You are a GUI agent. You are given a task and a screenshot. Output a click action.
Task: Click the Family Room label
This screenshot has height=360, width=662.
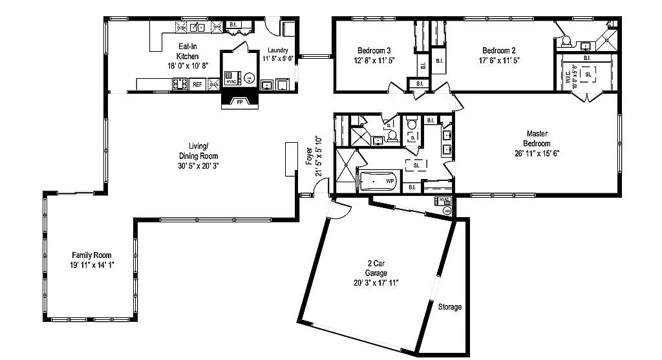[91, 255]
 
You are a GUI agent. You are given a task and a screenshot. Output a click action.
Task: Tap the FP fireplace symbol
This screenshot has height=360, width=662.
[239, 102]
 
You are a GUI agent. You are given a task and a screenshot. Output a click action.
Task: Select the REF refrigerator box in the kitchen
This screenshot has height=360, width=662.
[197, 84]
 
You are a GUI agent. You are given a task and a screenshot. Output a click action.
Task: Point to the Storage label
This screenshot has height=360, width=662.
[450, 306]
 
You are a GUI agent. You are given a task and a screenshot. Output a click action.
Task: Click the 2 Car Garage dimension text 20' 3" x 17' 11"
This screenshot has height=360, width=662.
[376, 282]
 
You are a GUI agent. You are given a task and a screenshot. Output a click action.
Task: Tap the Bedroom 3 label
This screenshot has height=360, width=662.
[374, 50]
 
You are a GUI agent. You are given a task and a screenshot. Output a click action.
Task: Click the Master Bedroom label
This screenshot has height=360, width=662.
[537, 139]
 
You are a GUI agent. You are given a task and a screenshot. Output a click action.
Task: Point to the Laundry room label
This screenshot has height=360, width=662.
[278, 50]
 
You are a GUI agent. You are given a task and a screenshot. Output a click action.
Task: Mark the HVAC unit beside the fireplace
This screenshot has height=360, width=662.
[232, 75]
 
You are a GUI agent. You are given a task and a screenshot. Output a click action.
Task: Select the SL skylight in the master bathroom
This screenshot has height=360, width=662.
[416, 165]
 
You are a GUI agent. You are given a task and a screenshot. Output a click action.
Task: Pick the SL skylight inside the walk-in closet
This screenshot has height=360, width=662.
[588, 74]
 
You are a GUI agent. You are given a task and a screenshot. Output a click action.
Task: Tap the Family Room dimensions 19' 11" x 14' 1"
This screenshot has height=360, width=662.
[92, 265]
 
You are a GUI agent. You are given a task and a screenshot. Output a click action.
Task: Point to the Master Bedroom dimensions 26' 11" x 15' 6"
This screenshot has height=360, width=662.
[537, 153]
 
